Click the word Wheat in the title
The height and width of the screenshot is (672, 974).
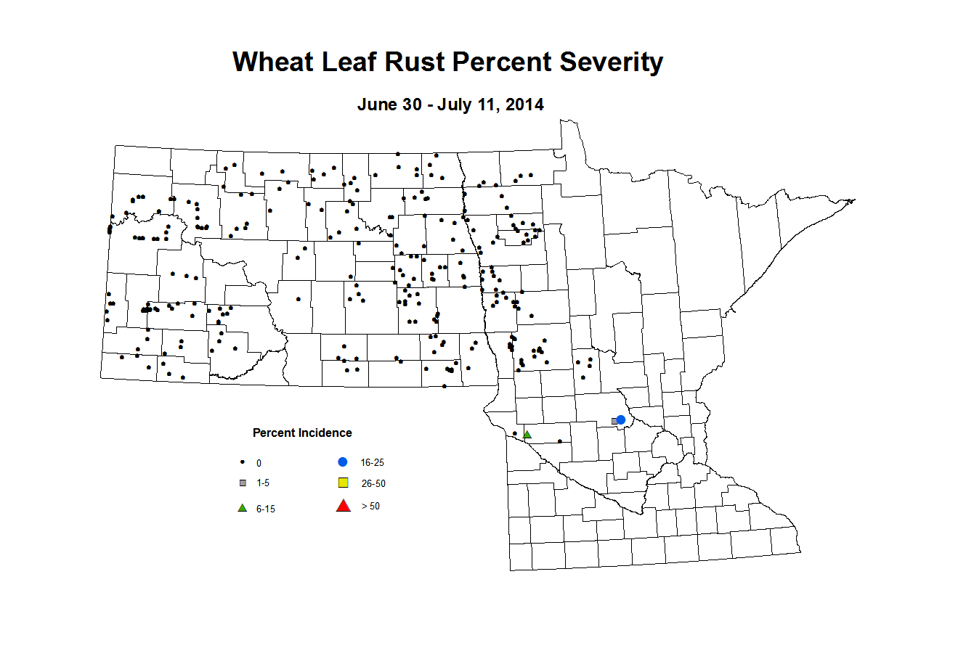(273, 62)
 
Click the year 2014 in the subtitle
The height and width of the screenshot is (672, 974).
(524, 105)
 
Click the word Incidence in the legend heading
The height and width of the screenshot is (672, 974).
(324, 433)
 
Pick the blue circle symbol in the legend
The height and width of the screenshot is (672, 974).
(343, 462)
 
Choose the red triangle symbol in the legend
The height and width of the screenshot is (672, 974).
(344, 506)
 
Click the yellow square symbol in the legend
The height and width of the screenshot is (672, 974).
(344, 483)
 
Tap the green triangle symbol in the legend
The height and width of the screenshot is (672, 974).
(243, 508)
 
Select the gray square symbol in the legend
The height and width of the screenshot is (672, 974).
(243, 483)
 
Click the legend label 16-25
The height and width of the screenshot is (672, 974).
(372, 462)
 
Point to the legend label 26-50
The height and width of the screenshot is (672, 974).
(373, 483)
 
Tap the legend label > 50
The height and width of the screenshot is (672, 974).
(370, 507)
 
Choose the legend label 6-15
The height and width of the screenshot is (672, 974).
(266, 509)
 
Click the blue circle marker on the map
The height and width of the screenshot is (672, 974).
(621, 419)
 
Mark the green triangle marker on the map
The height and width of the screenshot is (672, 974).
(527, 435)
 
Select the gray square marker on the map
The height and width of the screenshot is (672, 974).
(614, 421)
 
